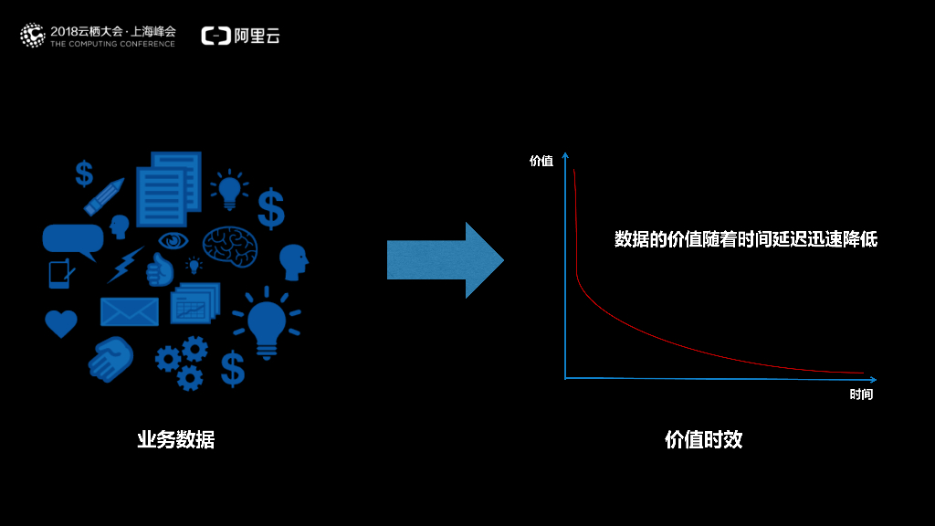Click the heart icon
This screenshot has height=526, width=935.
click(61, 323)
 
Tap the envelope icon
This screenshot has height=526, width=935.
click(129, 311)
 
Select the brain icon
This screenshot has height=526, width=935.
click(229, 245)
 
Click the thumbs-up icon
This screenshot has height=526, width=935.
click(161, 270)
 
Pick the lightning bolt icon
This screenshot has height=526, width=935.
click(125, 264)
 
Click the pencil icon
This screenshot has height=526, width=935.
click(104, 195)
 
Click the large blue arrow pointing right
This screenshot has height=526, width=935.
click(445, 260)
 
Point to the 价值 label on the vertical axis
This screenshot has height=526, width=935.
click(541, 161)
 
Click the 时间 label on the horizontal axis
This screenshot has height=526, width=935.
click(861, 394)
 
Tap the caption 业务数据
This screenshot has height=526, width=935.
click(176, 439)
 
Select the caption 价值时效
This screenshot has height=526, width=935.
click(703, 439)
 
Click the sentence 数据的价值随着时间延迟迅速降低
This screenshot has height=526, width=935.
click(745, 239)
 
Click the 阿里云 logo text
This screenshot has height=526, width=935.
click(255, 36)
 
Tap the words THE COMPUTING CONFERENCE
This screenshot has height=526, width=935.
click(112, 44)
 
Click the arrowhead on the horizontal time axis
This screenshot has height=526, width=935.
click(872, 379)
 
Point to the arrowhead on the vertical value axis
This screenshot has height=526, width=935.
click(565, 155)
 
